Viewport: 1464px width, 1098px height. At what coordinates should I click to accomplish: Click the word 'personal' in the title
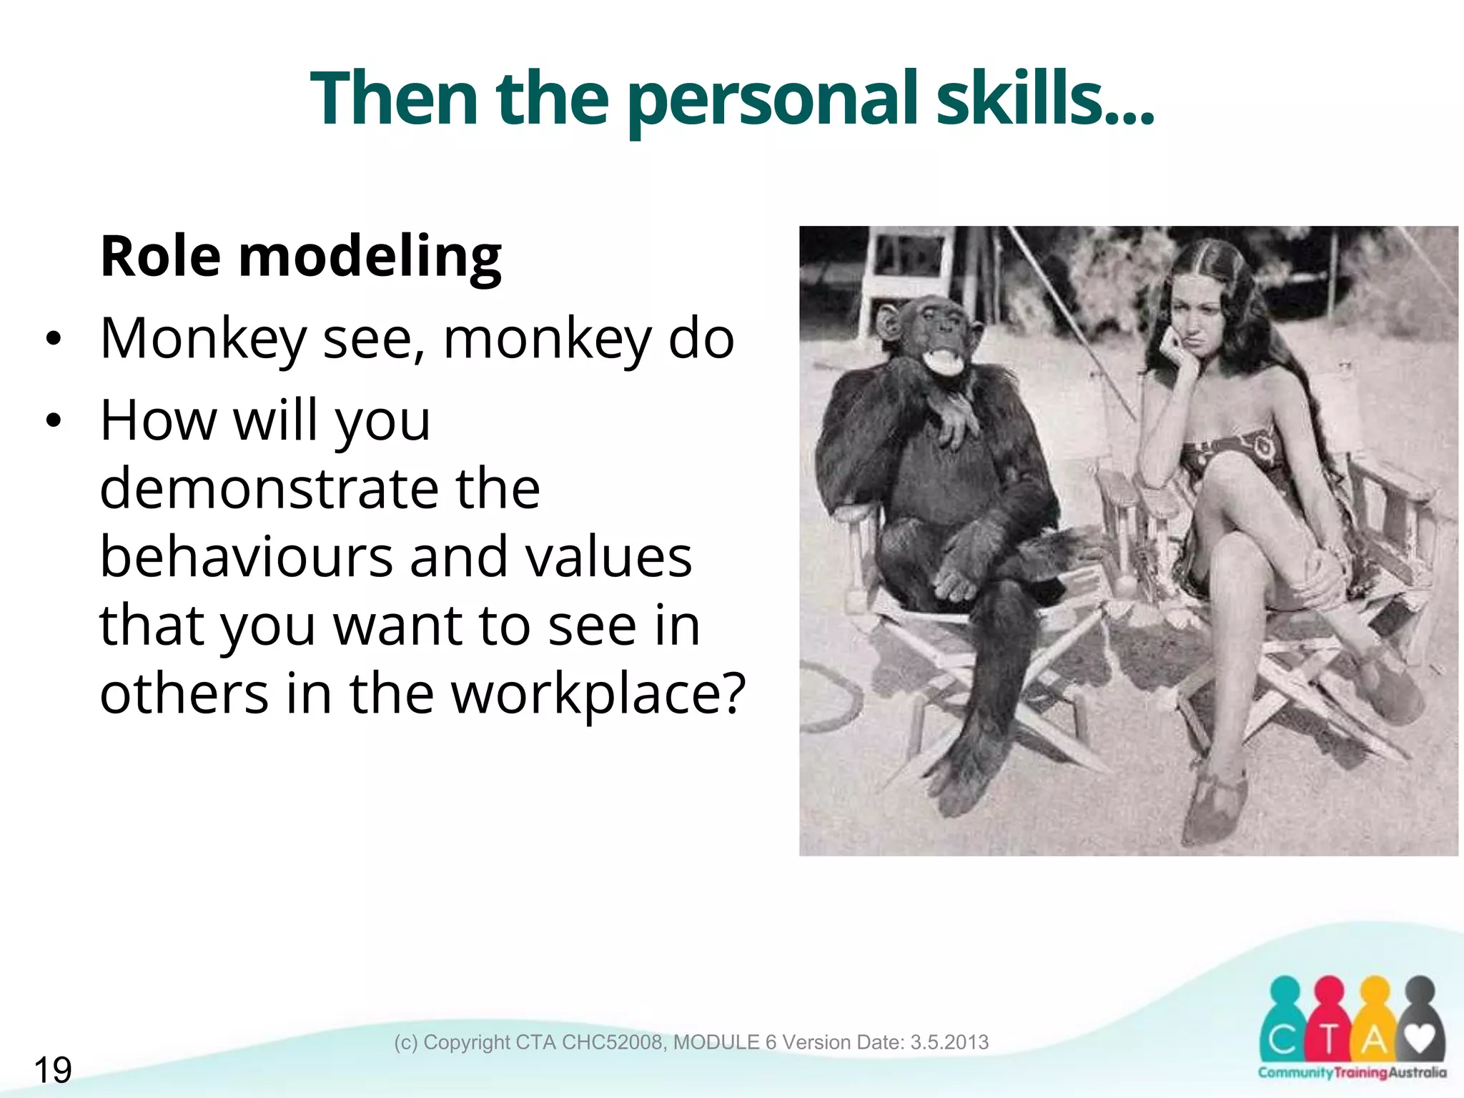[x=772, y=100]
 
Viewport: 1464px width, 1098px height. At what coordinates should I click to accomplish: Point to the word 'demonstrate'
[x=269, y=489]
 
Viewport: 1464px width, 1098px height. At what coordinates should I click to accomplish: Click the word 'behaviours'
[x=246, y=557]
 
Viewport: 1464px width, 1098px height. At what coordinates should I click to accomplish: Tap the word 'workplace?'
[x=599, y=693]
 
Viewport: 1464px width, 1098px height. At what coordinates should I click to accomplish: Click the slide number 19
[x=52, y=1070]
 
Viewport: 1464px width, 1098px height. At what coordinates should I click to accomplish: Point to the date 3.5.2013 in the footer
[x=949, y=1042]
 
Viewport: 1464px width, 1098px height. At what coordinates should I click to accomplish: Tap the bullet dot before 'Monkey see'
[x=53, y=340]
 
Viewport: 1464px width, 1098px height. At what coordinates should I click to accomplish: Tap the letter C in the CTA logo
[x=1283, y=1040]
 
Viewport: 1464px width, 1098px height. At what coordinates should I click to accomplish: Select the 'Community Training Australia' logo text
[x=1352, y=1073]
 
